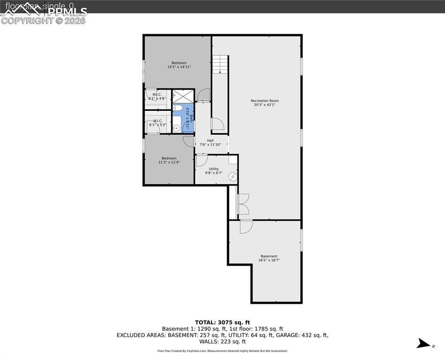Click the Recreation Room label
(264, 101)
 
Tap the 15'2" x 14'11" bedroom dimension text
(179, 67)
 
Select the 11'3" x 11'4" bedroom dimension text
(169, 162)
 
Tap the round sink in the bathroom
(177, 127)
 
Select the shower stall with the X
(183, 96)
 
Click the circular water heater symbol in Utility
(233, 177)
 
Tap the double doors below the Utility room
(243, 204)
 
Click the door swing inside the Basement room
(246, 226)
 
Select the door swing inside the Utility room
(202, 161)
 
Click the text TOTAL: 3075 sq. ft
(222, 322)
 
